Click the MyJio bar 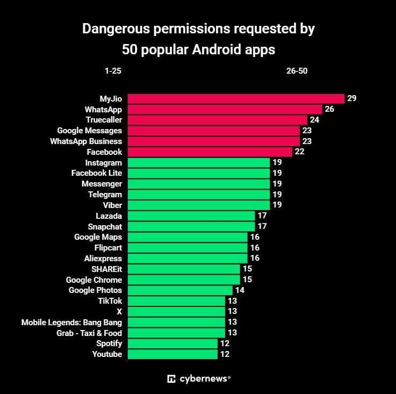[236, 98]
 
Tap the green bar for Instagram [198, 162]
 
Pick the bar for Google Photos [180, 290]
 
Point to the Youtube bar [172, 354]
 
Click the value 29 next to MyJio [352, 98]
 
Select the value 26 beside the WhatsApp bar [329, 109]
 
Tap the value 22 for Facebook [299, 152]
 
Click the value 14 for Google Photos [240, 290]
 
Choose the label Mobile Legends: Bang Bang [71, 322]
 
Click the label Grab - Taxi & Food [89, 333]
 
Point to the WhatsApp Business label [86, 141]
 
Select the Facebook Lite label [97, 173]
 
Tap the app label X [119, 312]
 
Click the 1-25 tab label [113, 71]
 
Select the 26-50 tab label [297, 71]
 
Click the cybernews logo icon [172, 378]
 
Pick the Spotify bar [172, 343]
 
